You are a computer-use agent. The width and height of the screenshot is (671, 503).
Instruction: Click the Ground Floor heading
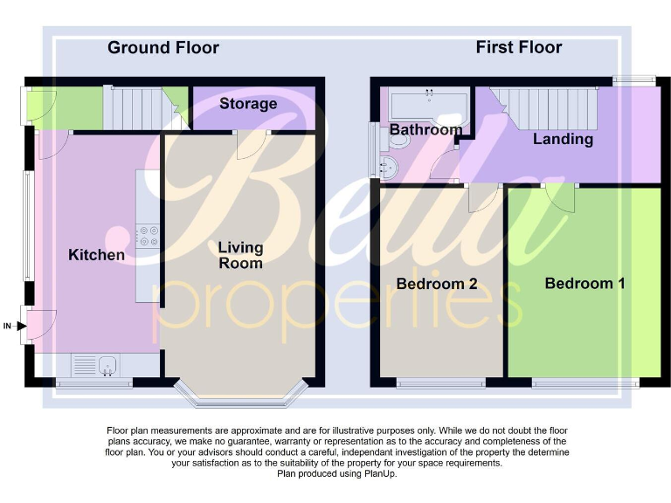point(163,47)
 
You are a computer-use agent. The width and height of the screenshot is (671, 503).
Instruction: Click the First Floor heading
point(518,47)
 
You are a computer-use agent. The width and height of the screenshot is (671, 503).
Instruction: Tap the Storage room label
point(248,104)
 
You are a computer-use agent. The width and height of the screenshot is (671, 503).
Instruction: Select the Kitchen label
point(96,255)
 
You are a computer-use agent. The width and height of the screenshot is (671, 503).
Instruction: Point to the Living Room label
point(240,255)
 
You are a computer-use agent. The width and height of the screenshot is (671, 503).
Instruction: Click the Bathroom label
point(425,130)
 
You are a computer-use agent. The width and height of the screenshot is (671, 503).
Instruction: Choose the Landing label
point(563,139)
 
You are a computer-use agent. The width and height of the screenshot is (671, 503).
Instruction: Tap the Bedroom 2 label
point(436,284)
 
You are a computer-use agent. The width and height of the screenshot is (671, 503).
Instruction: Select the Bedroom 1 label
point(585,284)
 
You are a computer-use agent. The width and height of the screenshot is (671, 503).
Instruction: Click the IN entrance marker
point(8,327)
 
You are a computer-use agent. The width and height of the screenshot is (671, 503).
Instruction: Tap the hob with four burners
point(148,236)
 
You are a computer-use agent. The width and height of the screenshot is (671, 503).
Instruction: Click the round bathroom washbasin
point(390,165)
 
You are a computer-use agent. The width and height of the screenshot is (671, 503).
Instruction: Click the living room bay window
point(240,395)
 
